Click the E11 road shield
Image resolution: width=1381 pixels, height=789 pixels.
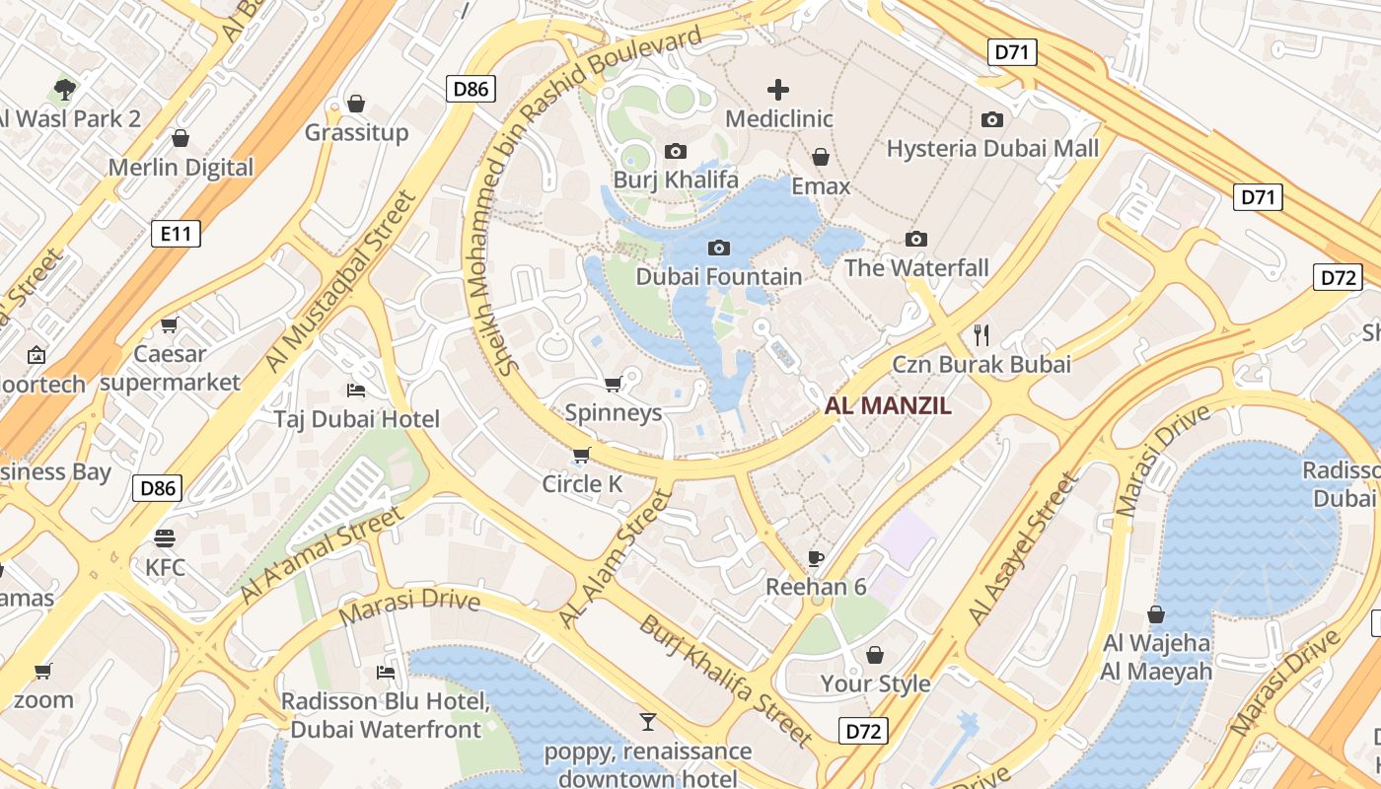pyautogui.click(x=176, y=234)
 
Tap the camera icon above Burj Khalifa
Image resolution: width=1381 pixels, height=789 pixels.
pyautogui.click(x=676, y=151)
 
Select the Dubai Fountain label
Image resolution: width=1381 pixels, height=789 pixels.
pyautogui.click(x=718, y=276)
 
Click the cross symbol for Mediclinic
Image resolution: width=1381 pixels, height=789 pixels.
pyautogui.click(x=778, y=91)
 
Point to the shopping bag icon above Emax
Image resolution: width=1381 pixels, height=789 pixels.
pyautogui.click(x=820, y=157)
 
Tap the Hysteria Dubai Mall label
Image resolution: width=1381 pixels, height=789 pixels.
pyautogui.click(x=992, y=149)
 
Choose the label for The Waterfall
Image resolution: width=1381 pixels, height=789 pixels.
pyautogui.click(x=916, y=267)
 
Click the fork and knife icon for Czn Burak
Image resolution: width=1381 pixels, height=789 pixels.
pyautogui.click(x=981, y=335)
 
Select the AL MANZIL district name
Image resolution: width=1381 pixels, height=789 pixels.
pyautogui.click(x=888, y=405)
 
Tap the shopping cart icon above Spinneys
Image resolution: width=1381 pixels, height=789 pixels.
pyautogui.click(x=613, y=384)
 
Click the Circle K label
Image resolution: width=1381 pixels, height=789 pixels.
pyautogui.click(x=584, y=484)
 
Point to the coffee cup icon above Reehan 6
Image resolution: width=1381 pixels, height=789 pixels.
pyautogui.click(x=816, y=559)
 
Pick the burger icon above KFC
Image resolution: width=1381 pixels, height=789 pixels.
pyautogui.click(x=165, y=538)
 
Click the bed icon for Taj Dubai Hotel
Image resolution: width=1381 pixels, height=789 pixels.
pyautogui.click(x=356, y=391)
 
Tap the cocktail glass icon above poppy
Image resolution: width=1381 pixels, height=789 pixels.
pyautogui.click(x=648, y=722)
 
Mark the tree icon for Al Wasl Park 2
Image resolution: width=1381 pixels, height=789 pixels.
pyautogui.click(x=65, y=91)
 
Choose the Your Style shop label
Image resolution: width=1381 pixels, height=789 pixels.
pyautogui.click(x=875, y=683)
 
